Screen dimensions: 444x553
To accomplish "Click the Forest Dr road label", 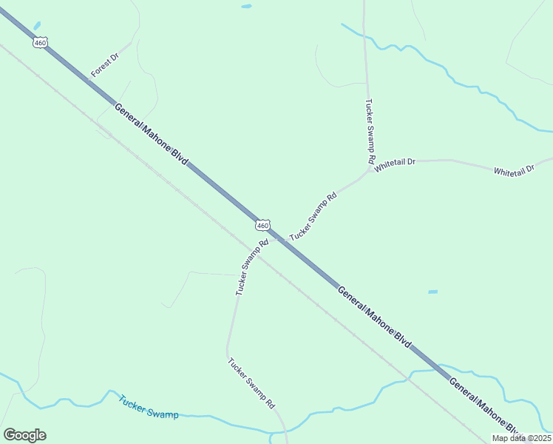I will (105, 65).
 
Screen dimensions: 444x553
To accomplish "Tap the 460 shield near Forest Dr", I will (40, 43).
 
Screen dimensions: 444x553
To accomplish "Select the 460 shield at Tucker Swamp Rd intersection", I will (262, 225).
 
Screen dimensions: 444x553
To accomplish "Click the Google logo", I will (24, 435).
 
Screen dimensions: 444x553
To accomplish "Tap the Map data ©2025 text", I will (521, 438).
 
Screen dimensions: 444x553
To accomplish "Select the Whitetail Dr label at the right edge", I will (514, 171).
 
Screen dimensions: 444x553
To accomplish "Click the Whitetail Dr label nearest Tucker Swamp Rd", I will (396, 164).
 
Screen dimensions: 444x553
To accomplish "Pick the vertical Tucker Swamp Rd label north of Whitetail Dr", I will (370, 132).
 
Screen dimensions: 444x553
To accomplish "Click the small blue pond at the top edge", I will (246, 6).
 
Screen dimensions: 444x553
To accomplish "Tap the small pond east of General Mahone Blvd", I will (432, 292).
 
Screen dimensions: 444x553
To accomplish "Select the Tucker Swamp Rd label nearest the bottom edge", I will (251, 383).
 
